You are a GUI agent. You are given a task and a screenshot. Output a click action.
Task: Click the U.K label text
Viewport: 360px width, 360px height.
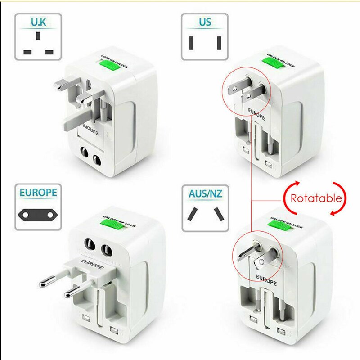click(38, 22)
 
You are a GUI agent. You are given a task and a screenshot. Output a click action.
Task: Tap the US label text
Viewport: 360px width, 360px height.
click(205, 22)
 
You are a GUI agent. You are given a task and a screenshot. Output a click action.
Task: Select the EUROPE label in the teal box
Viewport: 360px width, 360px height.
click(38, 193)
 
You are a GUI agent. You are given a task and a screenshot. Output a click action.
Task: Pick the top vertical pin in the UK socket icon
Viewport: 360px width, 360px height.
click(38, 36)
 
